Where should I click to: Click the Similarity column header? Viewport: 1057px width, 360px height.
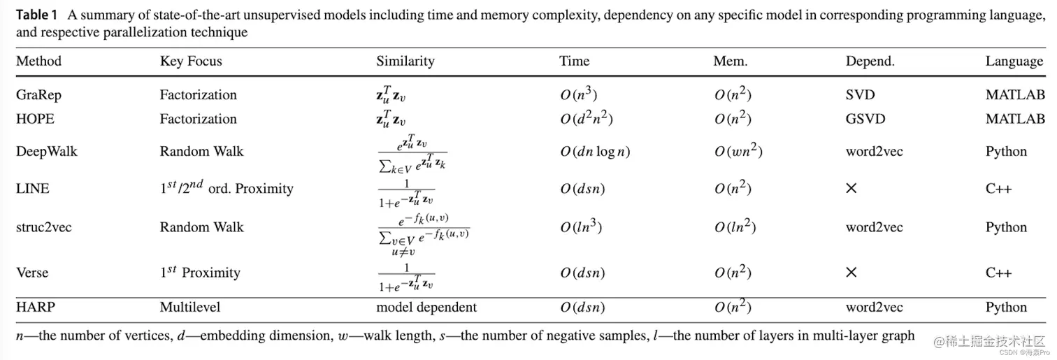coord(405,62)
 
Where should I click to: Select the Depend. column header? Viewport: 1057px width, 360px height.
coord(870,62)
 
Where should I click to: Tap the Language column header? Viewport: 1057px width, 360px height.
coord(1014,62)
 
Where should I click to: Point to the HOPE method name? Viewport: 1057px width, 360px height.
coord(34,119)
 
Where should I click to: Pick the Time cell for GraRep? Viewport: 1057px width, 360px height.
coord(578,95)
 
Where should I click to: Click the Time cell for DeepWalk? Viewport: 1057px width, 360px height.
coord(595,152)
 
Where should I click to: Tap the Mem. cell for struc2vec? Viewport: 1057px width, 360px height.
coord(733,227)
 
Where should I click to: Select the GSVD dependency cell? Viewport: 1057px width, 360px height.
coord(865,119)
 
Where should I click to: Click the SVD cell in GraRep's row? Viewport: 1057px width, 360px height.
coord(860,95)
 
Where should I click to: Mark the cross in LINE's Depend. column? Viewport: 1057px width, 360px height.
coord(851,189)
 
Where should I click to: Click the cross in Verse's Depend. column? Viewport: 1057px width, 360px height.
coord(851,273)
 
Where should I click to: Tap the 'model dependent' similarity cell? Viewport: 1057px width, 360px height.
coord(426,308)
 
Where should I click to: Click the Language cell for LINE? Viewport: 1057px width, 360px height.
coord(998,189)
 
